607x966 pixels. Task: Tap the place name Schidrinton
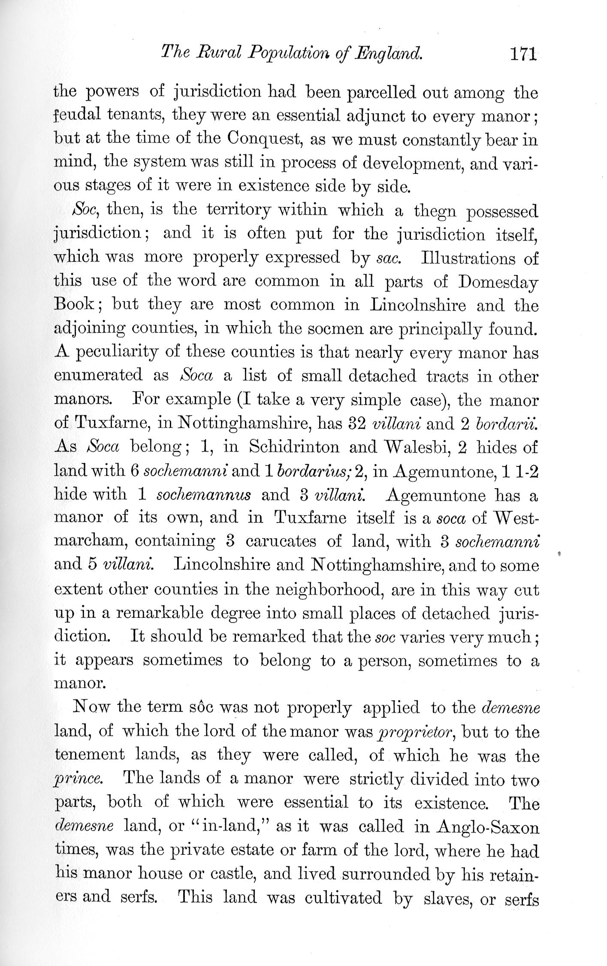point(294,447)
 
